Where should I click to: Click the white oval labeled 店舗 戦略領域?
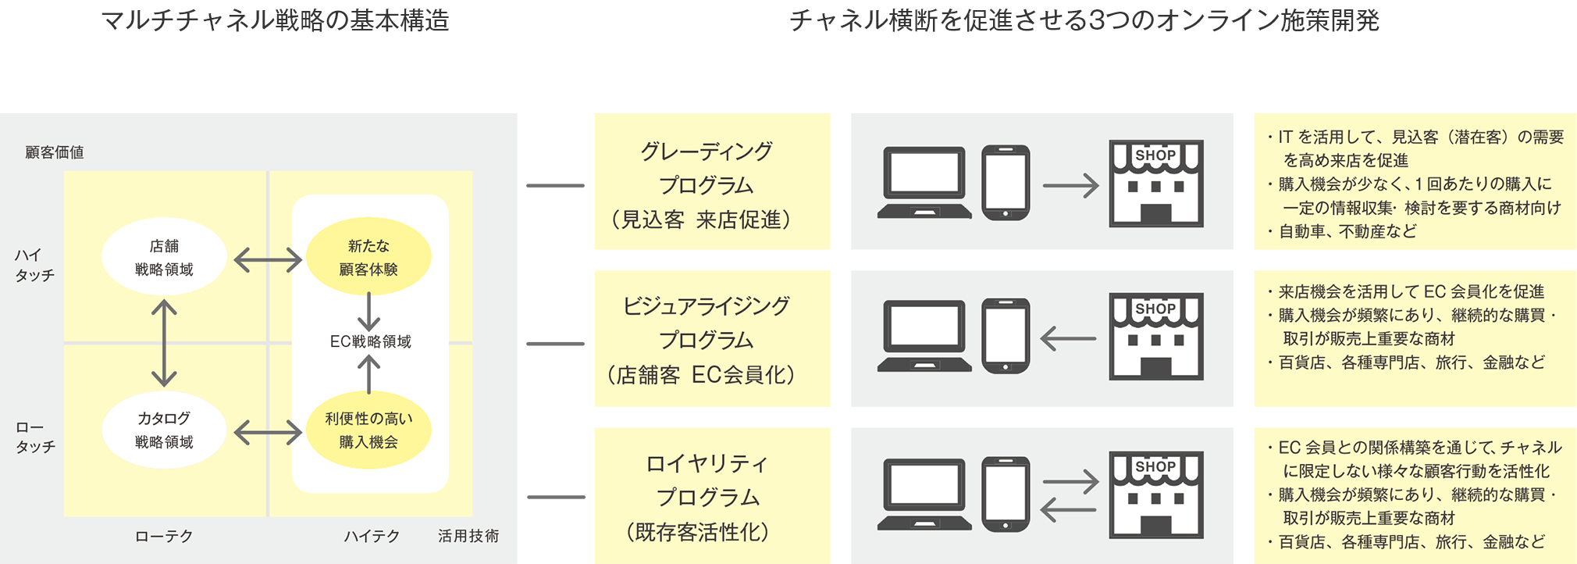pyautogui.click(x=164, y=257)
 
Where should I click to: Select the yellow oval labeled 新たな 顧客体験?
pyautogui.click(x=368, y=257)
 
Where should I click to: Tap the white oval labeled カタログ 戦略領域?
pyautogui.click(x=164, y=430)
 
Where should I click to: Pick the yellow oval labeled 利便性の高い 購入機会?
pyautogui.click(x=368, y=430)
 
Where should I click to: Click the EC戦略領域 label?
pyautogui.click(x=370, y=341)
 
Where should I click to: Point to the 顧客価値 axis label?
pyautogui.click(x=55, y=152)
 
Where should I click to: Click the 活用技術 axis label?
pyautogui.click(x=468, y=536)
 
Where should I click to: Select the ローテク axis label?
pyautogui.click(x=164, y=537)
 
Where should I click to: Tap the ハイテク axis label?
pyautogui.click(x=372, y=537)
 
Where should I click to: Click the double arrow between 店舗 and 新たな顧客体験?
pyautogui.click(x=268, y=260)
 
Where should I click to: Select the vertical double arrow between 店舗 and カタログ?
pyautogui.click(x=164, y=344)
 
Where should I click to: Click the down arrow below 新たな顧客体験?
pyautogui.click(x=368, y=312)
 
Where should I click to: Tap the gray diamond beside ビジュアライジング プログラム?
pyautogui.click(x=555, y=344)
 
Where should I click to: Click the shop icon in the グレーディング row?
pyautogui.click(x=1155, y=184)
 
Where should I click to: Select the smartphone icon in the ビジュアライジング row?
pyautogui.click(x=1006, y=336)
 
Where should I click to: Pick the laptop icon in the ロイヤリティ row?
pyautogui.click(x=924, y=494)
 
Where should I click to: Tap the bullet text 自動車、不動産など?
pyautogui.click(x=1347, y=231)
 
